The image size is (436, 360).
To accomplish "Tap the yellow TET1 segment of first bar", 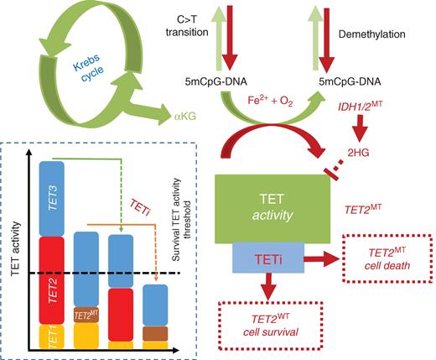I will point(52,337).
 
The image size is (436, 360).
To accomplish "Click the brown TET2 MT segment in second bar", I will point(86,316).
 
